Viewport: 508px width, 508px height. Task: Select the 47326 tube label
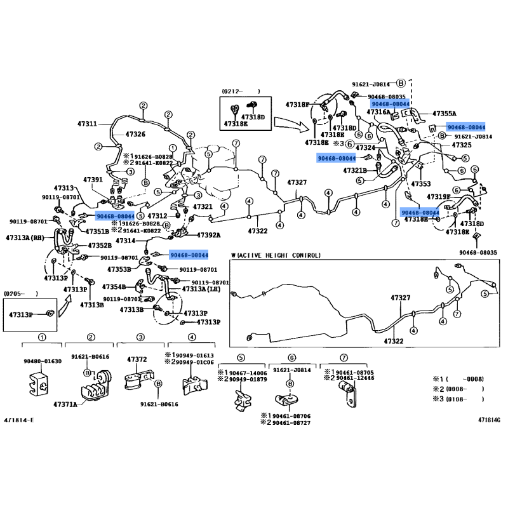(135, 135)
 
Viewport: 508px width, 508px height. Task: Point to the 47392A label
(206, 235)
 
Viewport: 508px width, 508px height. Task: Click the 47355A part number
(445, 114)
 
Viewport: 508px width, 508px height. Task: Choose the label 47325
(461, 145)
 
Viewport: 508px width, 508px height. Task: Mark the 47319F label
(439, 197)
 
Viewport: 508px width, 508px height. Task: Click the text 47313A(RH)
(26, 237)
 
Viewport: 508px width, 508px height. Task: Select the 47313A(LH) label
(201, 289)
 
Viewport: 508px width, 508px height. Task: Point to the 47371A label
(65, 404)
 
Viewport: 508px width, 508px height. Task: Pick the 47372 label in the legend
(137, 359)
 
